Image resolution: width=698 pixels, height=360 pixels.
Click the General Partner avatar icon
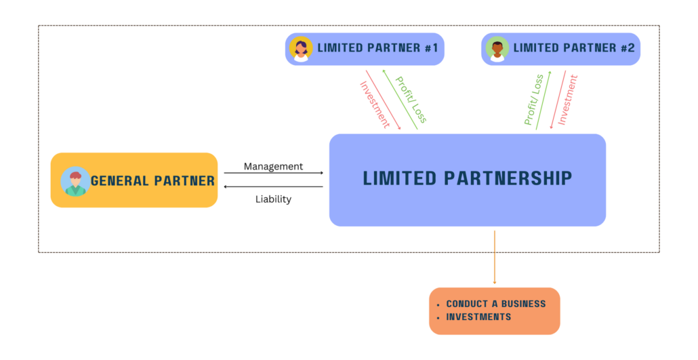pyautogui.click(x=75, y=181)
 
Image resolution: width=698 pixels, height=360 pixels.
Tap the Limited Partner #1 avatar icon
pyautogui.click(x=300, y=49)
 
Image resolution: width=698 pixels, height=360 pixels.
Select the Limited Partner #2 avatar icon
pyautogui.click(x=497, y=49)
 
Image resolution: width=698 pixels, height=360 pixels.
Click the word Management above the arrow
pyautogui.click(x=273, y=166)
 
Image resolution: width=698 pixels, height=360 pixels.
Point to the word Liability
pyautogui.click(x=273, y=199)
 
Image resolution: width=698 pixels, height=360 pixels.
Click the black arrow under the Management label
pyautogui.click(x=273, y=174)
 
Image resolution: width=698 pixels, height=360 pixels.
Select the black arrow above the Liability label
pyautogui.click(x=273, y=186)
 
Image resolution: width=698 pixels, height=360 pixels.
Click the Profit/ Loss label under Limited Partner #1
pyautogui.click(x=411, y=100)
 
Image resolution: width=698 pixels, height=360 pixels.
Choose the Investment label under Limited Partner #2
pyautogui.click(x=568, y=100)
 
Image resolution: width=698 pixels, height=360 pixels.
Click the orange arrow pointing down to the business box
pyautogui.click(x=495, y=258)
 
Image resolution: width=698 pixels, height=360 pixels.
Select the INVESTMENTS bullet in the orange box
pyautogui.click(x=478, y=317)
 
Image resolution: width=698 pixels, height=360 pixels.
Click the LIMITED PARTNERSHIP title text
pyautogui.click(x=468, y=178)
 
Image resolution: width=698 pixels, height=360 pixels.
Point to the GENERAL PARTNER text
pyautogui.click(x=152, y=181)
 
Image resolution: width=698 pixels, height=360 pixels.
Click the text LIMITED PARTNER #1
pyautogui.click(x=377, y=49)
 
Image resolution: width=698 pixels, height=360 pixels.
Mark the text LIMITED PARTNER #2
pyautogui.click(x=573, y=49)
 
